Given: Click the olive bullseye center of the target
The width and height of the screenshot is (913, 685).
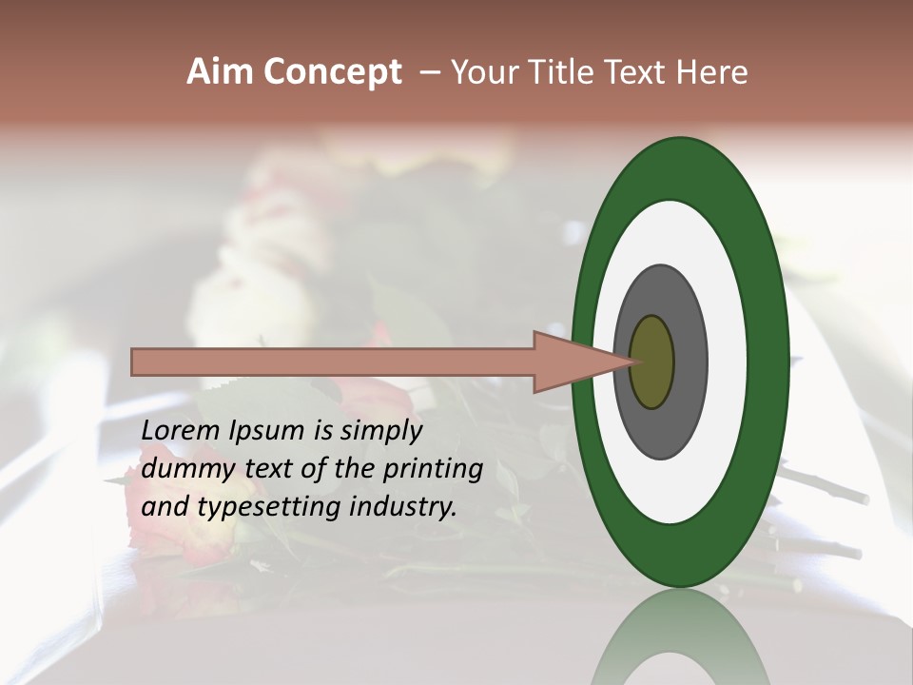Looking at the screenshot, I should pos(652,362).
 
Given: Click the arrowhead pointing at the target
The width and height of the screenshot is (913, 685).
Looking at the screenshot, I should pos(571,362).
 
